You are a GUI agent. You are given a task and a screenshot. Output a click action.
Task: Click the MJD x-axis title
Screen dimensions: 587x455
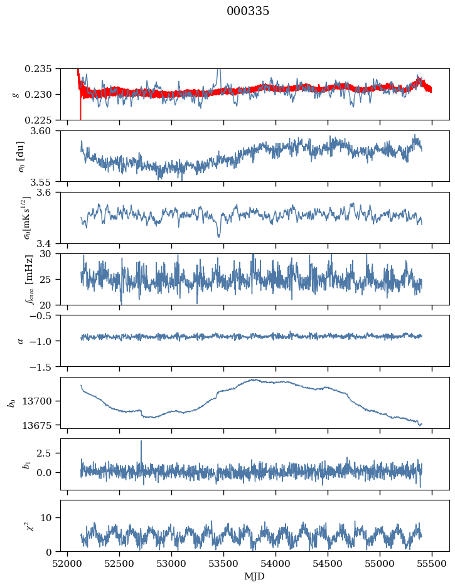[x=255, y=576]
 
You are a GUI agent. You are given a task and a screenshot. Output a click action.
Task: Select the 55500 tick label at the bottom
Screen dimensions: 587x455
[x=432, y=564]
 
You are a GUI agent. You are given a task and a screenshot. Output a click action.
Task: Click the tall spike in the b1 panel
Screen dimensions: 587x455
[x=141, y=442]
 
